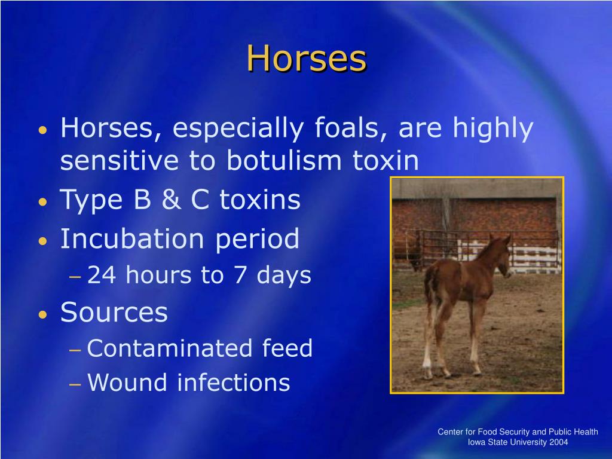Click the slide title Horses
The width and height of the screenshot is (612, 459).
[306, 59]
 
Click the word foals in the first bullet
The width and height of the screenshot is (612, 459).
[350, 129]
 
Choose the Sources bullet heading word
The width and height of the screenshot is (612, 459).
[114, 313]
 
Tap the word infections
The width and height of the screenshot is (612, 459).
[233, 382]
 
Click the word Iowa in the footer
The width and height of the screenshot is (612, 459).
[476, 442]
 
